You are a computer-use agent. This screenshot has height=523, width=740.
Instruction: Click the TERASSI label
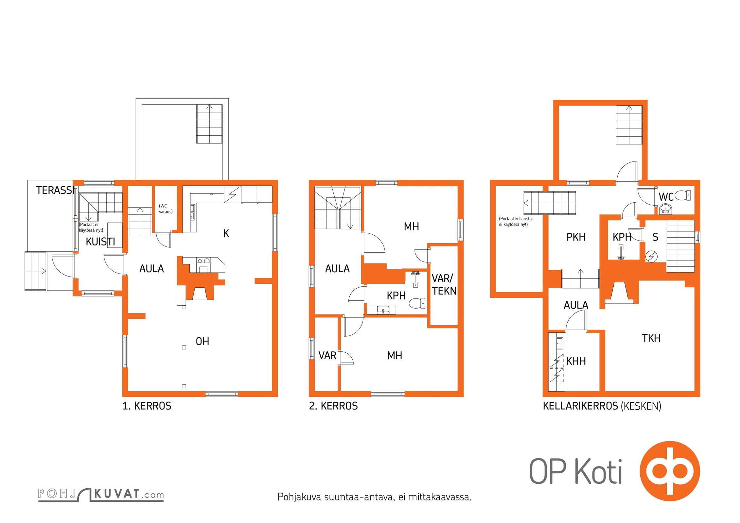pyautogui.click(x=55, y=190)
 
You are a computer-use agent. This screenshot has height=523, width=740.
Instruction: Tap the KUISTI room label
pyautogui.click(x=100, y=242)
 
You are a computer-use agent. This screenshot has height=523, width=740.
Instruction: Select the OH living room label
pyautogui.click(x=202, y=342)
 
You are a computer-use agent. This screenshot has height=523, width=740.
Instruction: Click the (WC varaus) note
pyautogui.click(x=166, y=209)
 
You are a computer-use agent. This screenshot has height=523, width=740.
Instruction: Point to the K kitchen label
pyautogui.click(x=226, y=233)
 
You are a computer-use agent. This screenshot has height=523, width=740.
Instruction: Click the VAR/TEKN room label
pyautogui.click(x=444, y=284)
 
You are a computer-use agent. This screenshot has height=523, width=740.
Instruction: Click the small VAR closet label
pyautogui.click(x=327, y=356)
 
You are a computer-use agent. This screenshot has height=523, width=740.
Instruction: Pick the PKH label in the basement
pyautogui.click(x=576, y=237)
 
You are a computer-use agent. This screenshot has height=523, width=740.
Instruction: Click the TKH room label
pyautogui.click(x=651, y=338)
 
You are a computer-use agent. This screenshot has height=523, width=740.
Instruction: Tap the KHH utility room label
pyautogui.click(x=576, y=361)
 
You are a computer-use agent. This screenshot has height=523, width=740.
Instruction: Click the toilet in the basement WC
pyautogui.click(x=683, y=195)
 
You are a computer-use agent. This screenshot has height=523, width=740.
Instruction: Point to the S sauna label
pyautogui.click(x=655, y=237)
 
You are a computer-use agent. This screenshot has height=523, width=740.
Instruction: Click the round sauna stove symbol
pyautogui.click(x=651, y=257)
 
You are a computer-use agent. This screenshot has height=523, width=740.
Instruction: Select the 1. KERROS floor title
pyautogui.click(x=147, y=406)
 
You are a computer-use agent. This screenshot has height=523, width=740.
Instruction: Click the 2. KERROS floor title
pyautogui.click(x=333, y=406)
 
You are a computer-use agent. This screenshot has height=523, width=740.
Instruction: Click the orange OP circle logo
pyautogui.click(x=670, y=471)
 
